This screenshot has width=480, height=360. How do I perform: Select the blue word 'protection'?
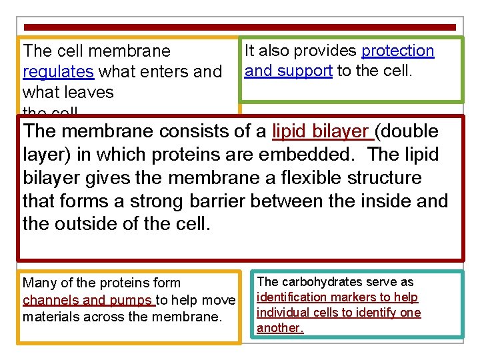click(397, 51)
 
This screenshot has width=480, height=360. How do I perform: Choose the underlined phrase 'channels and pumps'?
click(87, 300)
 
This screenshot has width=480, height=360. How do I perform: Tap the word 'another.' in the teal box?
click(280, 328)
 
